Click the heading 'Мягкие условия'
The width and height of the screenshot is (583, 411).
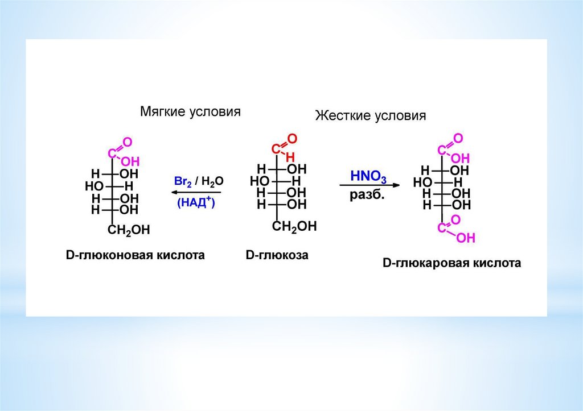coord(190,111)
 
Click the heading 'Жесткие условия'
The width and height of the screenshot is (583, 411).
coord(371,116)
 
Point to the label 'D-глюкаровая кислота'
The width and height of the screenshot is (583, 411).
coord(451,264)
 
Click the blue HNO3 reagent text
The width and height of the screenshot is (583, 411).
coord(368,177)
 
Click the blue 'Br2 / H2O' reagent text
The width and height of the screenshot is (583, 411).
coord(199,181)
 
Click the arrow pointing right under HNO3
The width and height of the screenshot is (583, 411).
coord(369,185)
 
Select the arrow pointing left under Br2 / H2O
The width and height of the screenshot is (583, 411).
coord(196,192)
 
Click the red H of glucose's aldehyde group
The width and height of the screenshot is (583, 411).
coord(291,157)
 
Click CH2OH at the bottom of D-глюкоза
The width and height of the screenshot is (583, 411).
coord(294,227)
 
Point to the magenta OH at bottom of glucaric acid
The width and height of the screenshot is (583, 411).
coord(465,238)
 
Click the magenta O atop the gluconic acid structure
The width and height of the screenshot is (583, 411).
coord(128,141)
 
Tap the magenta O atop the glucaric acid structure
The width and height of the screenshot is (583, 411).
coord(458,138)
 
